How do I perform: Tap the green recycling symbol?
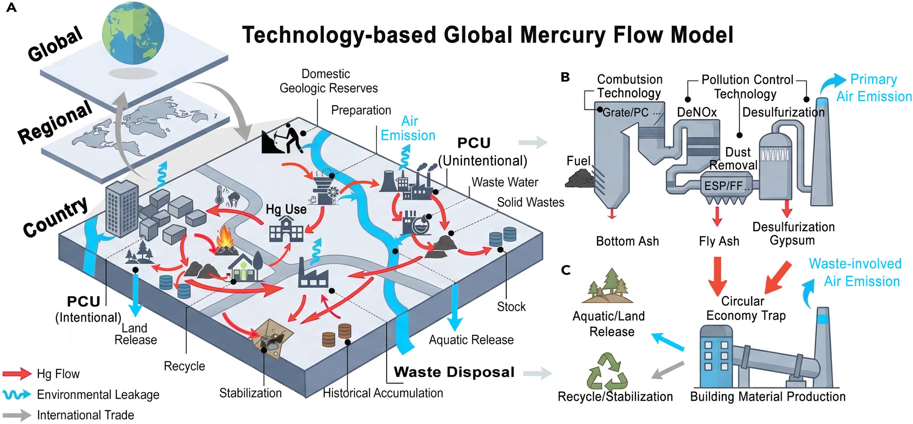click(x=607, y=371)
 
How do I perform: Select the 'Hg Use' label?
click(x=286, y=209)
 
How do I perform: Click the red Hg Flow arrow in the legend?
click(x=17, y=374)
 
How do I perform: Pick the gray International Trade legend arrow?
click(x=17, y=415)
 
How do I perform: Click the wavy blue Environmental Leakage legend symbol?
click(x=17, y=394)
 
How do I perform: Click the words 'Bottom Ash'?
click(x=627, y=241)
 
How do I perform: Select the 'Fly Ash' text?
click(x=719, y=241)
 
